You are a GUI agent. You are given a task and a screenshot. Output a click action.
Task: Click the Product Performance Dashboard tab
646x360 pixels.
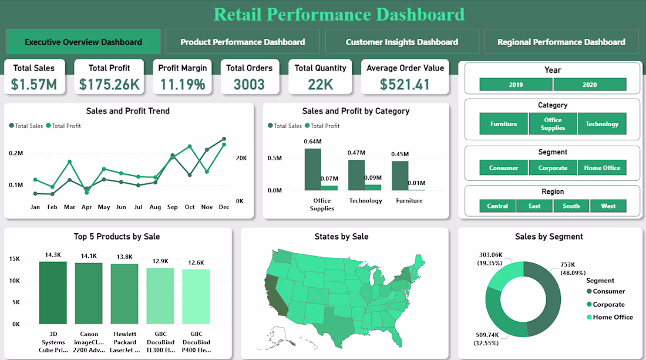(243, 42)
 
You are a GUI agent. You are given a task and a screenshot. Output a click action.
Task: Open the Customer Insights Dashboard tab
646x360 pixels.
(402, 42)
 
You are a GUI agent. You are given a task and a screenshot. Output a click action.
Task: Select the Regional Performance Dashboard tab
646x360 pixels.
(561, 42)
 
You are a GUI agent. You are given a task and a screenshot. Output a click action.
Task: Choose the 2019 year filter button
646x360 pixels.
(516, 85)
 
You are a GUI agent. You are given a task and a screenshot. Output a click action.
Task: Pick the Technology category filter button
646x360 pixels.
(602, 124)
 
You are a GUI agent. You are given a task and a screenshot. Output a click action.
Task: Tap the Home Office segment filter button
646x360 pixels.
(602, 168)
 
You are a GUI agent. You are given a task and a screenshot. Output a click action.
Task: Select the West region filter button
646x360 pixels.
(608, 206)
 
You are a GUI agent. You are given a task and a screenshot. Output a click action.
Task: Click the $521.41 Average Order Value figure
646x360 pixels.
(405, 85)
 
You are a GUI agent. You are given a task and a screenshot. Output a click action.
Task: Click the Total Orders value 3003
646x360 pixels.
(249, 85)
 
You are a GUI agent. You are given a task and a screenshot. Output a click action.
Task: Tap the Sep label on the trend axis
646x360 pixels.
(173, 207)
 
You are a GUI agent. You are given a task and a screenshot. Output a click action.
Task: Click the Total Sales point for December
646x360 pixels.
(224, 139)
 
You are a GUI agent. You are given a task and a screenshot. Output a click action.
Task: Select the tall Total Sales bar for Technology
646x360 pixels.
(356, 174)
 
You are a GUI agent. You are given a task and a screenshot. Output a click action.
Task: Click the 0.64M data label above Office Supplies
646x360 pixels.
(313, 142)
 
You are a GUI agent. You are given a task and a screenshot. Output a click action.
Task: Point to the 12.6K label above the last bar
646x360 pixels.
(196, 263)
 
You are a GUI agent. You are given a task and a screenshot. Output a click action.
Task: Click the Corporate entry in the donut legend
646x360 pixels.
(608, 304)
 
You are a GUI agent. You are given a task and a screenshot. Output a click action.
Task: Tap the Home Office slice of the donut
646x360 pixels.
(504, 276)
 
